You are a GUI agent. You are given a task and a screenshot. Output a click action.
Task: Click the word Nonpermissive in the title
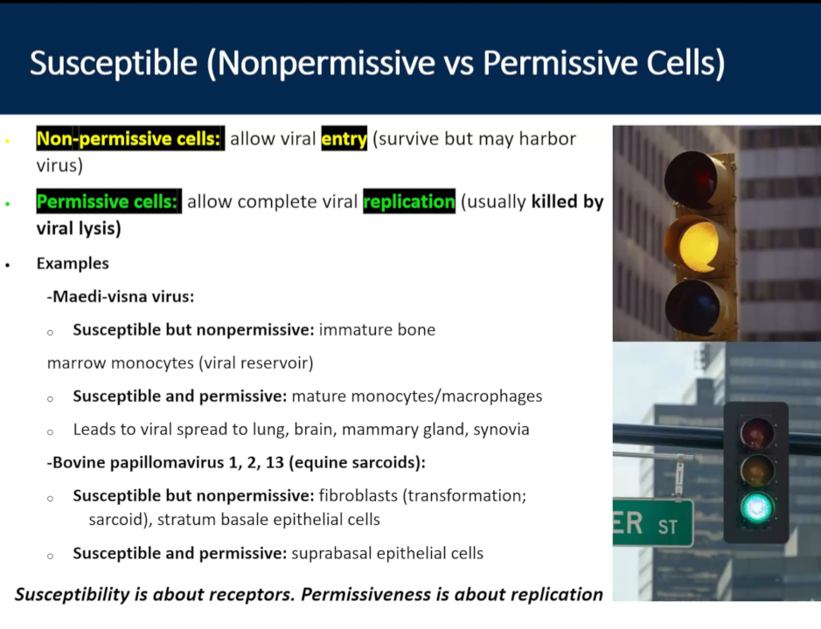click(x=326, y=63)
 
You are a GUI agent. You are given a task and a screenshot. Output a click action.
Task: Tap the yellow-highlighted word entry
click(x=344, y=139)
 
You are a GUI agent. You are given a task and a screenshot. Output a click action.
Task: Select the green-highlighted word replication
click(x=409, y=202)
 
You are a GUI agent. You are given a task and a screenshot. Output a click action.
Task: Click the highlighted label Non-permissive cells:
click(x=130, y=139)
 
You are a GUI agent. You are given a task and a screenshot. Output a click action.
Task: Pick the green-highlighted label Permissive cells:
click(x=109, y=202)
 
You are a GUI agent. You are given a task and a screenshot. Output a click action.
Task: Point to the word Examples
click(x=73, y=263)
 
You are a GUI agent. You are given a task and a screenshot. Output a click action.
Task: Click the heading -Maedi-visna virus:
click(x=121, y=297)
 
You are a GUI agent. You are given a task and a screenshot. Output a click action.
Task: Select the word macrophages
click(x=491, y=397)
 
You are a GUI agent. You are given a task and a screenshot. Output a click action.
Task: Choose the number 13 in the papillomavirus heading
click(x=275, y=463)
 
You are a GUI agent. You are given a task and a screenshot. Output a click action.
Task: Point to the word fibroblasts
click(x=358, y=495)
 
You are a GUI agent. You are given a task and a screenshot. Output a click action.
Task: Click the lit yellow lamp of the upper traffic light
click(x=699, y=245)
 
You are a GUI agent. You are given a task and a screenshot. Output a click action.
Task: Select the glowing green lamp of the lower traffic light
click(x=756, y=508)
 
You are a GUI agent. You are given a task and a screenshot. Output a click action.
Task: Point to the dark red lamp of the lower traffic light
click(x=756, y=432)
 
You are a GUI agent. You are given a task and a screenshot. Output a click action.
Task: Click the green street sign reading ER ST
click(x=653, y=522)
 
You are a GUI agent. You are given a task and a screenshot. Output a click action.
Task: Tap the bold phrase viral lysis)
click(x=79, y=229)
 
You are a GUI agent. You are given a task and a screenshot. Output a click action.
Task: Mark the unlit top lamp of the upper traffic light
click(x=691, y=179)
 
